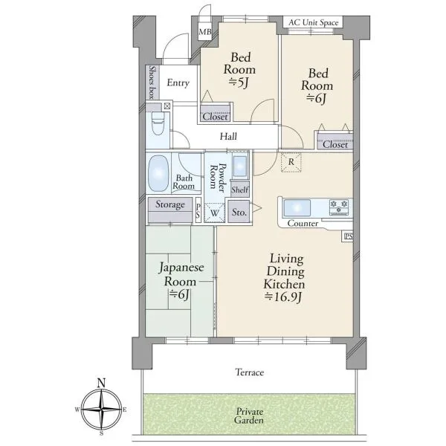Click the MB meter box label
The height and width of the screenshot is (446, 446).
point(205,31)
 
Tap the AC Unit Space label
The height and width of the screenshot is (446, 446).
point(314,22)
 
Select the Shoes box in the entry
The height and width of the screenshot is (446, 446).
point(152,83)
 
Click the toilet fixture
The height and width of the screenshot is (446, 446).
point(158,123)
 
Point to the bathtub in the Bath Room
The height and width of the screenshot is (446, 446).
point(158,173)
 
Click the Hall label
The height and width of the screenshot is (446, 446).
point(228,137)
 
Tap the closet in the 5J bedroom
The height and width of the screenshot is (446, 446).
point(215,114)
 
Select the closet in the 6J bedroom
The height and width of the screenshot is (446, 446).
point(335,141)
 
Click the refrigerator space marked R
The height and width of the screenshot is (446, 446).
point(291,162)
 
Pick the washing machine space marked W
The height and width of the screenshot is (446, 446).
point(215,213)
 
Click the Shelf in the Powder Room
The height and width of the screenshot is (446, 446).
point(240,189)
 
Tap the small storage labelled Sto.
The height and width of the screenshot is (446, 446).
point(239,212)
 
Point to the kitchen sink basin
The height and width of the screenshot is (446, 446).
point(297,207)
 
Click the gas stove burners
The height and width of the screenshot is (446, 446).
point(339,207)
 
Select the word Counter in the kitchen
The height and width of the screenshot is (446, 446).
point(303,224)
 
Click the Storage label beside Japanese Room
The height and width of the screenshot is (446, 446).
point(169,204)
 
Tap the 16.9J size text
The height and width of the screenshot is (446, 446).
point(283,297)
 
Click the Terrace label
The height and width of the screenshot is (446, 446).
point(250,372)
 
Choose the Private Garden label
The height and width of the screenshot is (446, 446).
point(249,416)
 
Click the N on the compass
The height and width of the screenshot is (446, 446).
point(101,383)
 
